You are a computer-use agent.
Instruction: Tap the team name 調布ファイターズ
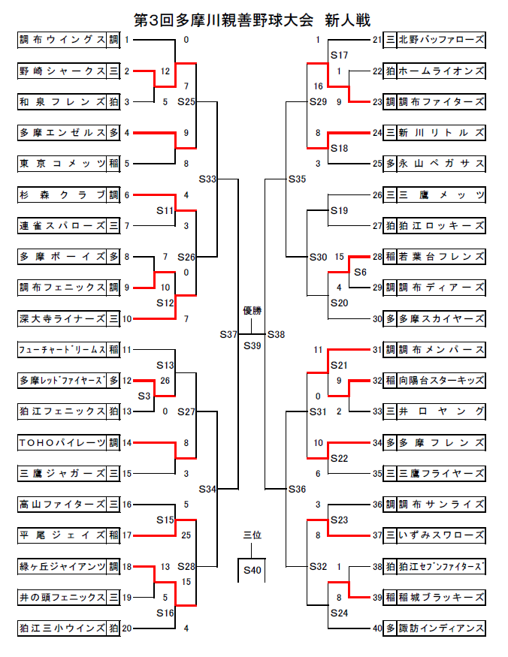pos(441,101)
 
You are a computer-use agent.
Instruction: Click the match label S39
pos(252,345)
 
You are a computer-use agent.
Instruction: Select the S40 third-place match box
pos(252,571)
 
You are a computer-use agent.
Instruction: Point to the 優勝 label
pos(252,310)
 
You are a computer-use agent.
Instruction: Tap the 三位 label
pos(252,535)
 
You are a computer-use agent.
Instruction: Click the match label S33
pos(208,179)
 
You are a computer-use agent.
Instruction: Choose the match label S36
pos(297,490)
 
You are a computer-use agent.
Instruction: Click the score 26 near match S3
pos(165,381)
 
